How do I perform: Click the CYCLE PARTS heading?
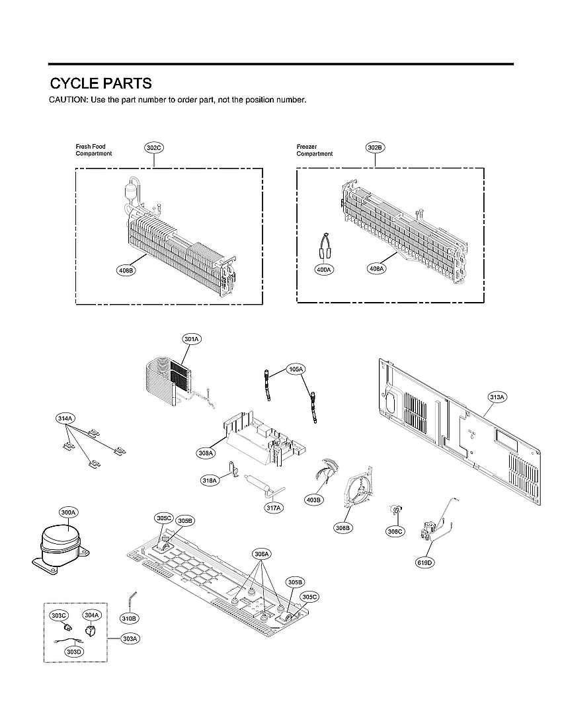click(x=101, y=84)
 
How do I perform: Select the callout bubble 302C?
click(x=153, y=148)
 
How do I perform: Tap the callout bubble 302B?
click(x=375, y=148)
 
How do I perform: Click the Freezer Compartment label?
click(x=314, y=150)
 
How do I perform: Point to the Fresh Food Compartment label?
click(x=93, y=150)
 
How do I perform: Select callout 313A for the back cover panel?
click(x=497, y=397)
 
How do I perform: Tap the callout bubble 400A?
click(x=323, y=269)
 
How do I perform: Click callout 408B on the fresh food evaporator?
click(x=126, y=270)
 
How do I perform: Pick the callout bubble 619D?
click(x=424, y=562)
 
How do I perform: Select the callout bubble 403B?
click(x=314, y=500)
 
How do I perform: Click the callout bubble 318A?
click(x=210, y=480)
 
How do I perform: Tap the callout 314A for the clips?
click(x=65, y=418)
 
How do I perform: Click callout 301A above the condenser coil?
click(x=192, y=339)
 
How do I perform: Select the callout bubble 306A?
click(x=262, y=553)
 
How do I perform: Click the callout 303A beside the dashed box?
click(x=130, y=638)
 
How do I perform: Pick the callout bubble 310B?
click(x=129, y=618)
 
